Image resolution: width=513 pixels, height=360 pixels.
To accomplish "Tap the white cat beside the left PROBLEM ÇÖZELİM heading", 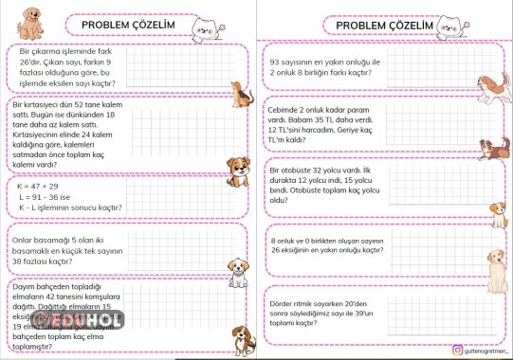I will (203, 30).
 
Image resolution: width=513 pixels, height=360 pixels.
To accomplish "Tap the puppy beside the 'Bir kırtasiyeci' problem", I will (238, 169).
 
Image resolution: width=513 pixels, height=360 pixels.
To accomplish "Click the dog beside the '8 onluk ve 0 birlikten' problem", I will (496, 260).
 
